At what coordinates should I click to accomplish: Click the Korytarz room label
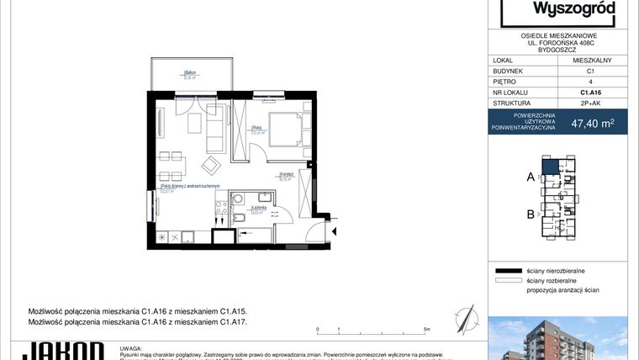[x=287, y=175]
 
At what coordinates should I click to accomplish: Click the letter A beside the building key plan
[x=531, y=177]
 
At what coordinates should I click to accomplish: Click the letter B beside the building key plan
[x=531, y=214]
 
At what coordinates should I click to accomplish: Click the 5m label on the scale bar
[x=427, y=330]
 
